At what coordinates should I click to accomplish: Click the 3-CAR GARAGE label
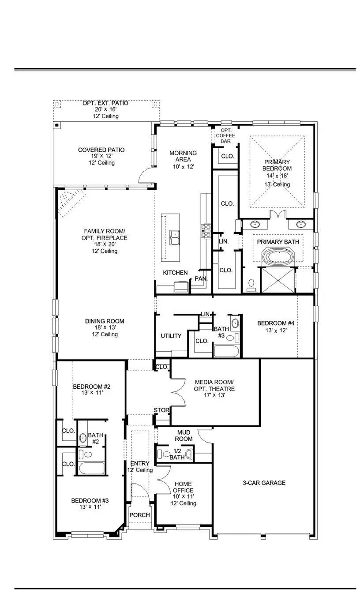(264, 483)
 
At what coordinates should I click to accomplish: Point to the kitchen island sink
(175, 237)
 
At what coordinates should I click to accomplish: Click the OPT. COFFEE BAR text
(226, 135)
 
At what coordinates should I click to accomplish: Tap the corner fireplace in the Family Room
(71, 202)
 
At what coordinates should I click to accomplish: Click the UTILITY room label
(171, 336)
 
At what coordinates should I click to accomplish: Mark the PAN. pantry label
(201, 279)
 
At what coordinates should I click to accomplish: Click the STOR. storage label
(161, 410)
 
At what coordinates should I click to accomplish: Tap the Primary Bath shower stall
(277, 281)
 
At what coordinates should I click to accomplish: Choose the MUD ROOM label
(184, 435)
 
